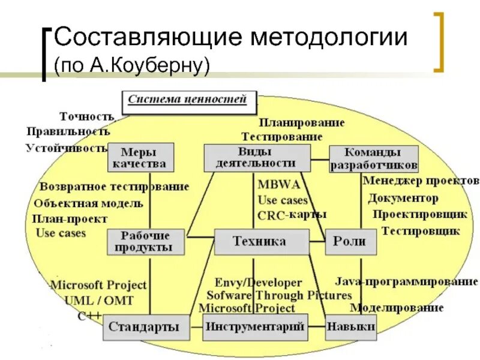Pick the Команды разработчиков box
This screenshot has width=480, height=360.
pyautogui.click(x=373, y=159)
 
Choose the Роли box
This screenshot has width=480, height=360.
pyautogui.click(x=350, y=241)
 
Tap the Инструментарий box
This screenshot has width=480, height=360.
pyautogui.click(x=255, y=327)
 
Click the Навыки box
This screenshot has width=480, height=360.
pyautogui.click(x=351, y=327)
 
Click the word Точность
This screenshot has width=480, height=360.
pyautogui.click(x=86, y=116)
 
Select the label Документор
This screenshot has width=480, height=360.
pyautogui.click(x=403, y=197)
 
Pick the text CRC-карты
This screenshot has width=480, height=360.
pyautogui.click(x=292, y=215)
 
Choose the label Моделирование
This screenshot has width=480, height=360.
pyautogui.click(x=397, y=308)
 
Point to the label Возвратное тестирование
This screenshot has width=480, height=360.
pyautogui.click(x=114, y=187)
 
